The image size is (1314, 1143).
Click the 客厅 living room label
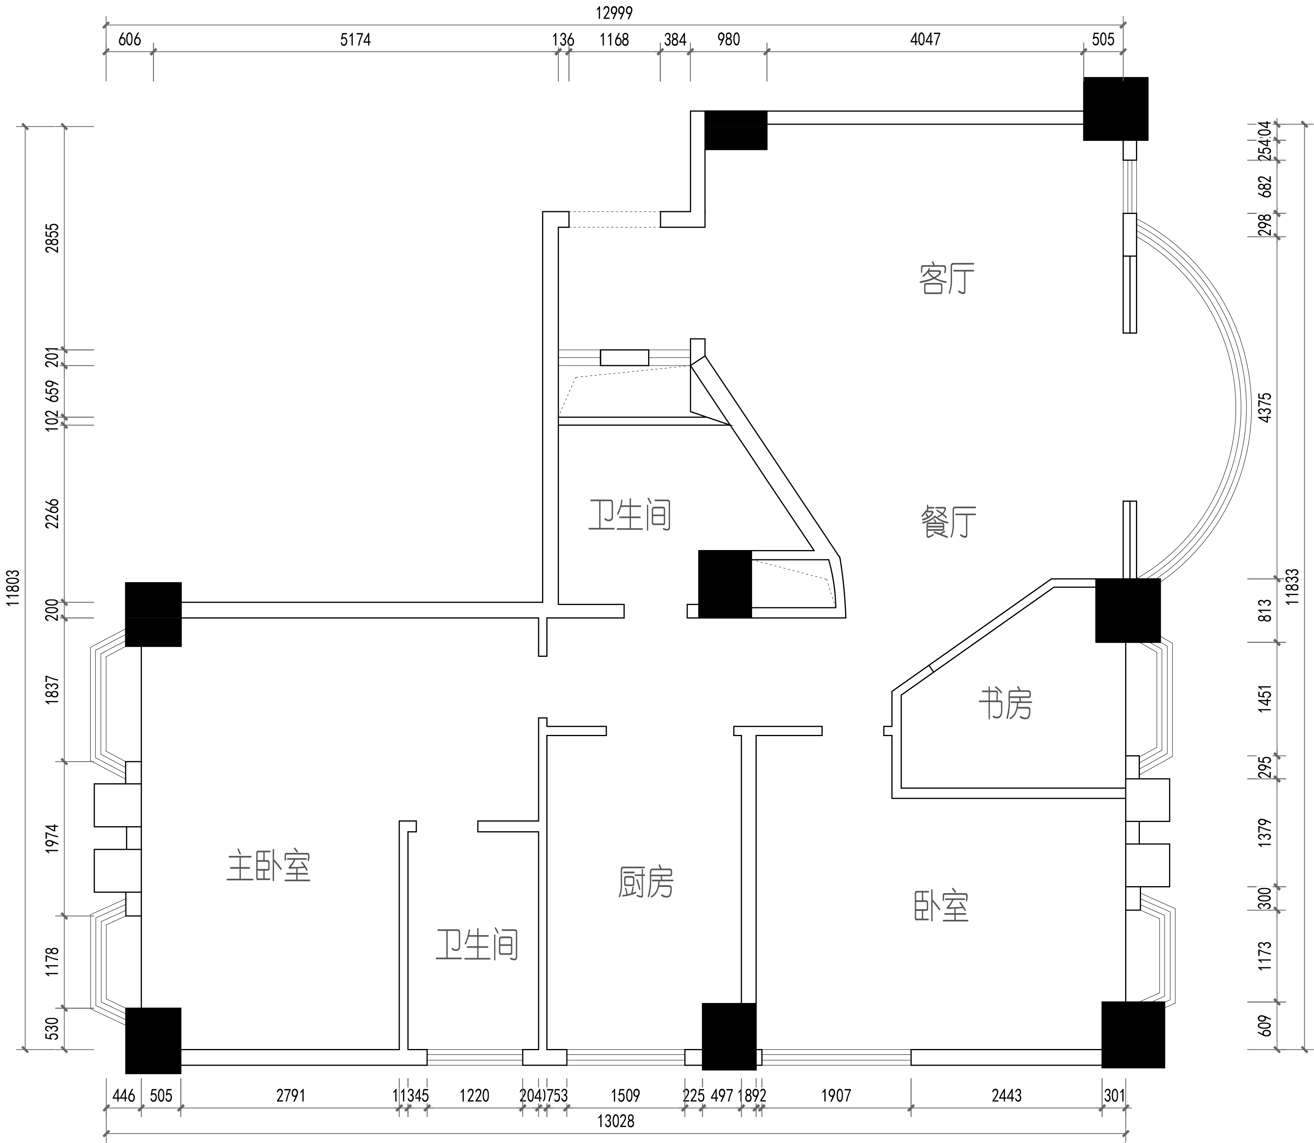tap(946, 279)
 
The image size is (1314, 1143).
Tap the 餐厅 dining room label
tap(948, 522)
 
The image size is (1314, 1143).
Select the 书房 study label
tap(1005, 704)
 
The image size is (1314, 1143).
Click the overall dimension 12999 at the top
tap(614, 13)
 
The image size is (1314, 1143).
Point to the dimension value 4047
tap(925, 39)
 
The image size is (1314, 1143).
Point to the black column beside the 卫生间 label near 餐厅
tap(725, 584)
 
